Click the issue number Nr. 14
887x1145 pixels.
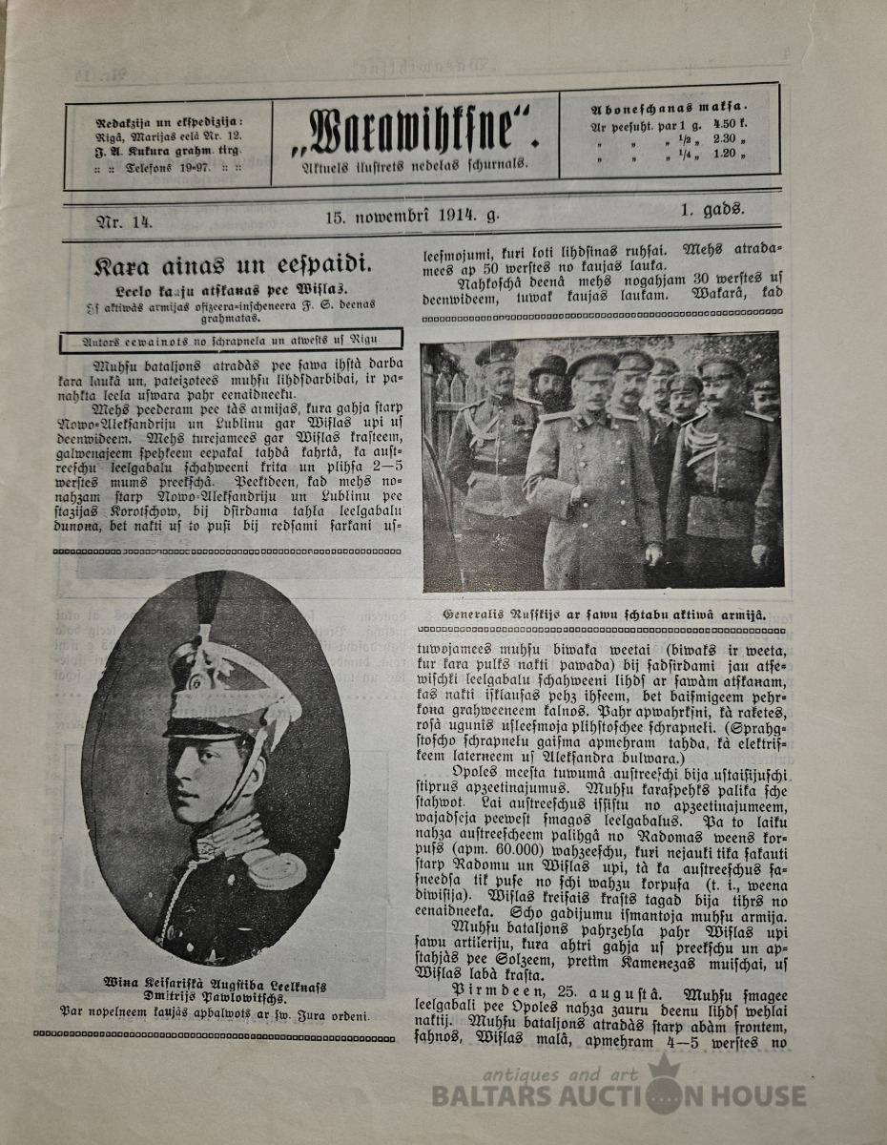(x=125, y=221)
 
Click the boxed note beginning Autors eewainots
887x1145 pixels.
(x=230, y=339)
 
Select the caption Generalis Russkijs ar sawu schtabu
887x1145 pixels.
(x=606, y=615)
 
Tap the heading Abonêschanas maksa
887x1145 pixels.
(x=669, y=108)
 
